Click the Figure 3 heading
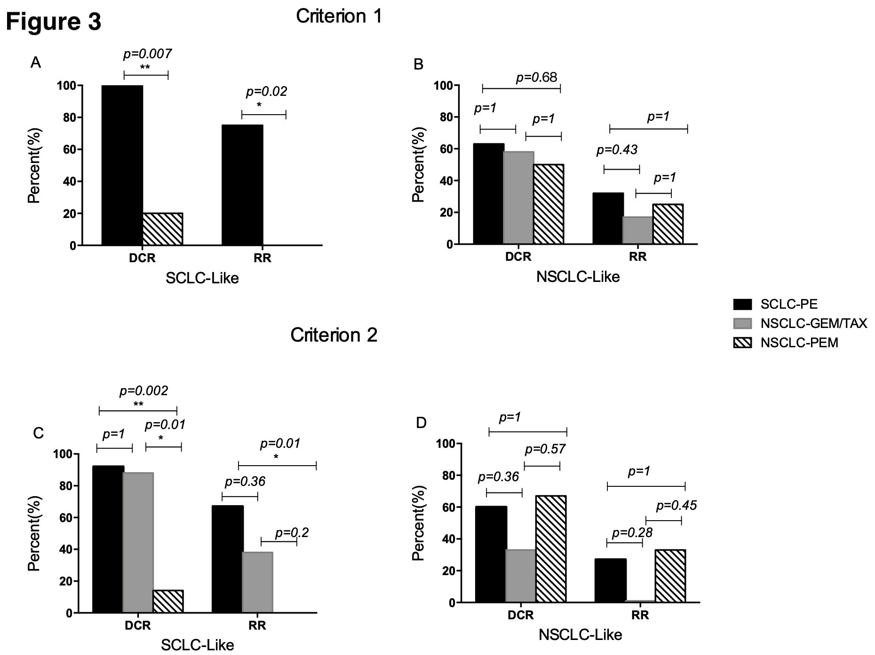pos(54,22)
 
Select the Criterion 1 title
pos(339,16)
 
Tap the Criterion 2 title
pos(334,335)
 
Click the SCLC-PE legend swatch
pos(742,304)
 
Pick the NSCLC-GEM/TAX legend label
pos(813,323)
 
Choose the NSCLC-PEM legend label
pos(799,343)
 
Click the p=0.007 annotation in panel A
pos(147,54)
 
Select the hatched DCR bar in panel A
pos(163,229)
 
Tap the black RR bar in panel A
pos(242,185)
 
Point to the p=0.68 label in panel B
pos(536,78)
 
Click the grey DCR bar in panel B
pos(518,198)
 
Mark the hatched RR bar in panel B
pos(668,224)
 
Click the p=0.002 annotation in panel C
pos(143,391)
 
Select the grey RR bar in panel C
pos(257,583)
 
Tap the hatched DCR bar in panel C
pos(168,601)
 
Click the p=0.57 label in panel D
pos(545,450)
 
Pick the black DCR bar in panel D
pos(491,554)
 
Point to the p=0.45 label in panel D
pos(676,506)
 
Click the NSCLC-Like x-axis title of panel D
pos(580,635)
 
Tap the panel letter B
pos(418,65)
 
